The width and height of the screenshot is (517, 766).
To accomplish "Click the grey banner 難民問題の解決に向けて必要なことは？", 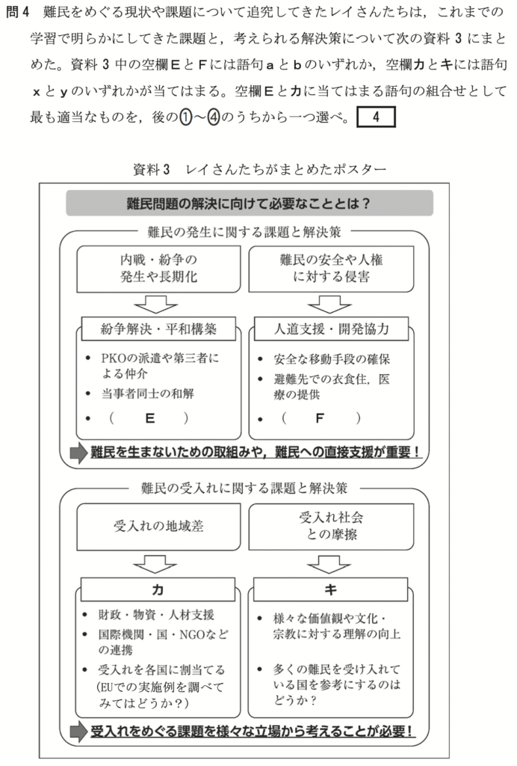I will [250, 203].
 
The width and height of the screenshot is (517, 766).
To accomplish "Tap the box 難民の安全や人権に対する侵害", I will [331, 269].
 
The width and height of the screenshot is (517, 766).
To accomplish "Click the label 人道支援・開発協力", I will [331, 328].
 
